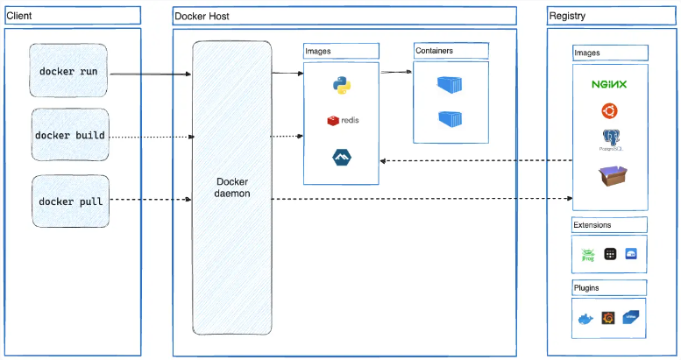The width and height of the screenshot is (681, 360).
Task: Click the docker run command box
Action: click(69, 70)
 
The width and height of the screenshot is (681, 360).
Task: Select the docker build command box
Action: click(70, 136)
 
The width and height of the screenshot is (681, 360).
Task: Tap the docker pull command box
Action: click(70, 201)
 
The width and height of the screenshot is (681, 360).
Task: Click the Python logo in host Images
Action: click(342, 85)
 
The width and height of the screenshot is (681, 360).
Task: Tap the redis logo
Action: click(343, 120)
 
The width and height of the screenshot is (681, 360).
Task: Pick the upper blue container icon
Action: click(450, 84)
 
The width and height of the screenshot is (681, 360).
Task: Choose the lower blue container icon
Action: click(450, 118)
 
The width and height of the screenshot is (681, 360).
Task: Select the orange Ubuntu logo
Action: click(609, 111)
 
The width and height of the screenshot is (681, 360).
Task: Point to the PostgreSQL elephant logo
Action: click(610, 139)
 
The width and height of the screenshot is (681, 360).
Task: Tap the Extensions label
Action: click(592, 225)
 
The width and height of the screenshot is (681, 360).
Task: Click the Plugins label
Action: click(586, 287)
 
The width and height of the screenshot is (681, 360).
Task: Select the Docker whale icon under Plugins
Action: click(585, 319)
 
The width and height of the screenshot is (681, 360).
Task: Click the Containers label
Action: click(435, 51)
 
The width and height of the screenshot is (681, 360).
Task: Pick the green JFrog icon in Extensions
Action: click(589, 254)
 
